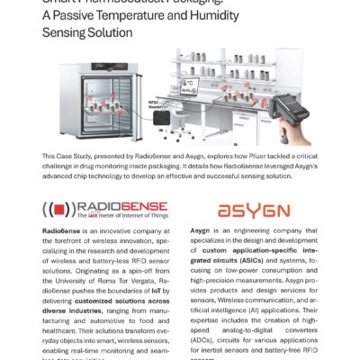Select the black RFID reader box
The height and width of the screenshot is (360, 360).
(163, 118)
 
